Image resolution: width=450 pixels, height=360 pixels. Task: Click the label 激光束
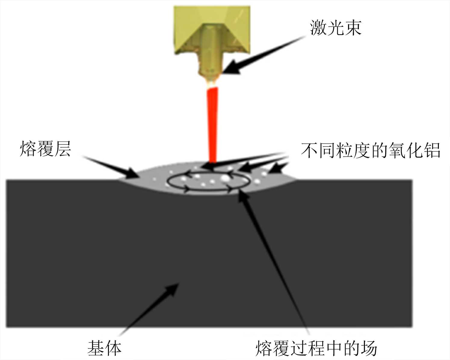(336, 28)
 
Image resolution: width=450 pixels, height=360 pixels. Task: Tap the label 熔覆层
(45, 149)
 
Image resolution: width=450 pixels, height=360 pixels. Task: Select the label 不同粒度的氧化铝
(371, 150)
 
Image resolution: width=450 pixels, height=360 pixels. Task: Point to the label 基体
(104, 348)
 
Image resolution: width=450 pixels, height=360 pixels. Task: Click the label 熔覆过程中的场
(316, 348)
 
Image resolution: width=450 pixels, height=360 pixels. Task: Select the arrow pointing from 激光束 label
(262, 56)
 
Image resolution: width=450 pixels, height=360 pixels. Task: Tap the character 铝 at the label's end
(432, 150)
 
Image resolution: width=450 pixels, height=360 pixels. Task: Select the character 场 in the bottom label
(368, 348)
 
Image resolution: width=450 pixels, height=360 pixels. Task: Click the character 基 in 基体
(96, 348)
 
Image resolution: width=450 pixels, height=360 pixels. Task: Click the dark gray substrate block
(90, 241)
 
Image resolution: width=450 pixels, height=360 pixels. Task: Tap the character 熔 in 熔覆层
(28, 149)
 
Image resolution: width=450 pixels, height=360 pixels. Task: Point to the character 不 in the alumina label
(310, 150)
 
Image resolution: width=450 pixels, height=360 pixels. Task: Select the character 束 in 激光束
(353, 28)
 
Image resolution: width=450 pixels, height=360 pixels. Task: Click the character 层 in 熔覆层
(62, 149)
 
